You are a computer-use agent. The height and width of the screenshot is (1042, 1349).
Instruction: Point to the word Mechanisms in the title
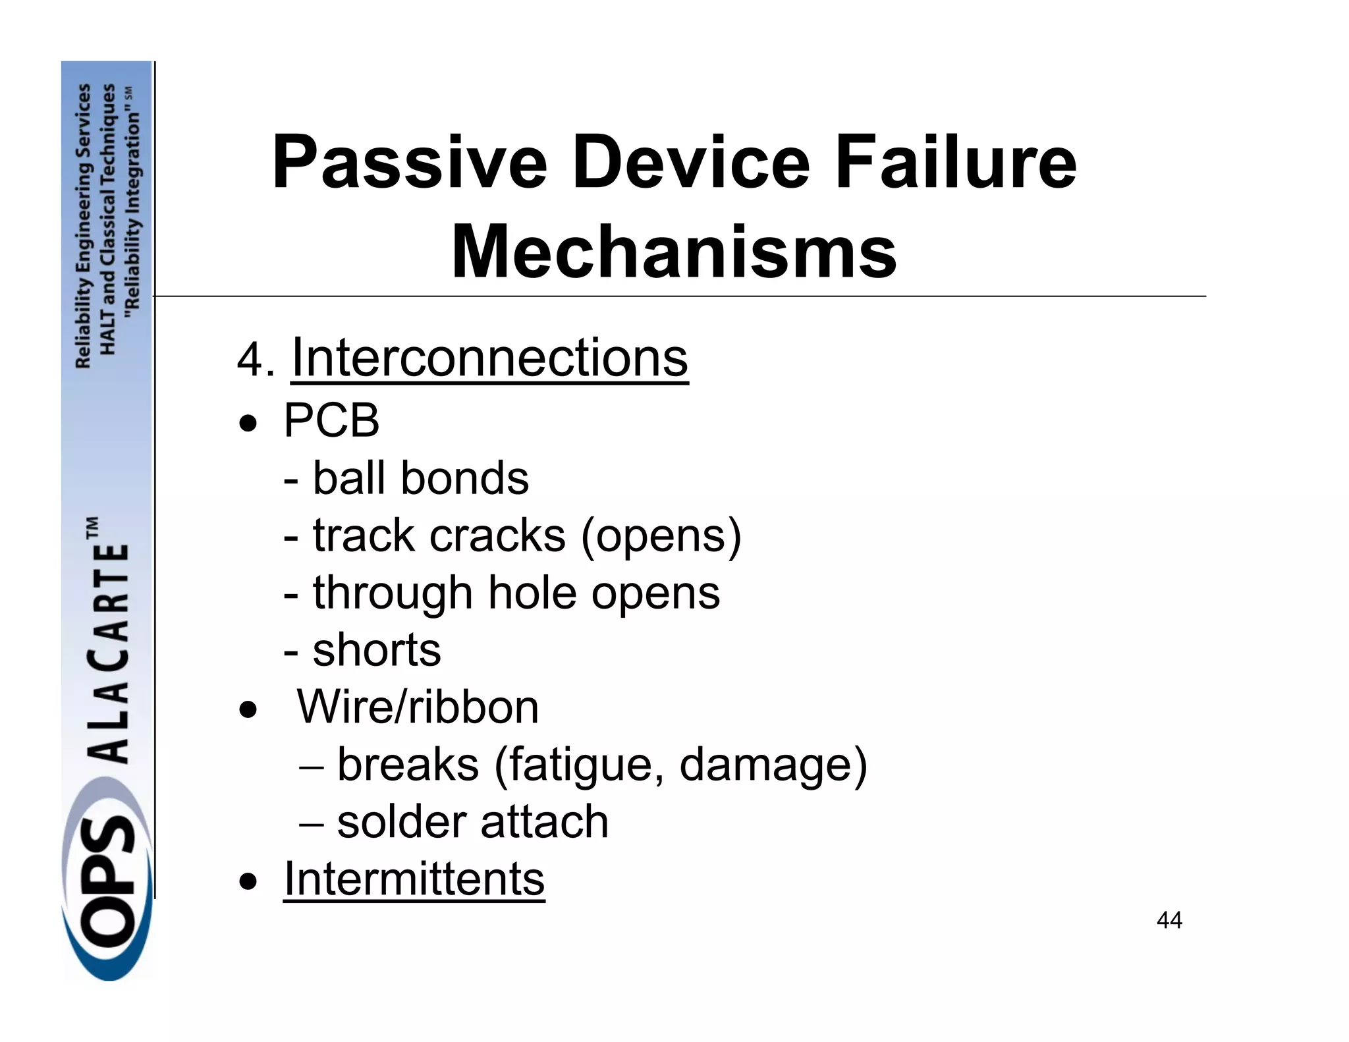coord(674,252)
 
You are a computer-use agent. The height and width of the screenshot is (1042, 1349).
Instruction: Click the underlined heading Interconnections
coord(489,358)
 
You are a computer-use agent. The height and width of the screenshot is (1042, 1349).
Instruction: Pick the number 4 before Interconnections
coord(250,361)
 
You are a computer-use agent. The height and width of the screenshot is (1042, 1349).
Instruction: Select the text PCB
coord(331,420)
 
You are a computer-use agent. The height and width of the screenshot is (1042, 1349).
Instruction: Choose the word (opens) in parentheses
coord(661,536)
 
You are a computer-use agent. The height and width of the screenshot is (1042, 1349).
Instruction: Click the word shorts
coord(377,650)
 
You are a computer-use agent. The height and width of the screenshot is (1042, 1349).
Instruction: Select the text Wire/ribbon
coord(418,707)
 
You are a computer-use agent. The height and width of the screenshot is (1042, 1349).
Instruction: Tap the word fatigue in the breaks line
coord(584,765)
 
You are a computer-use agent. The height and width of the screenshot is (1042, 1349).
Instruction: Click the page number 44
coord(1169,920)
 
